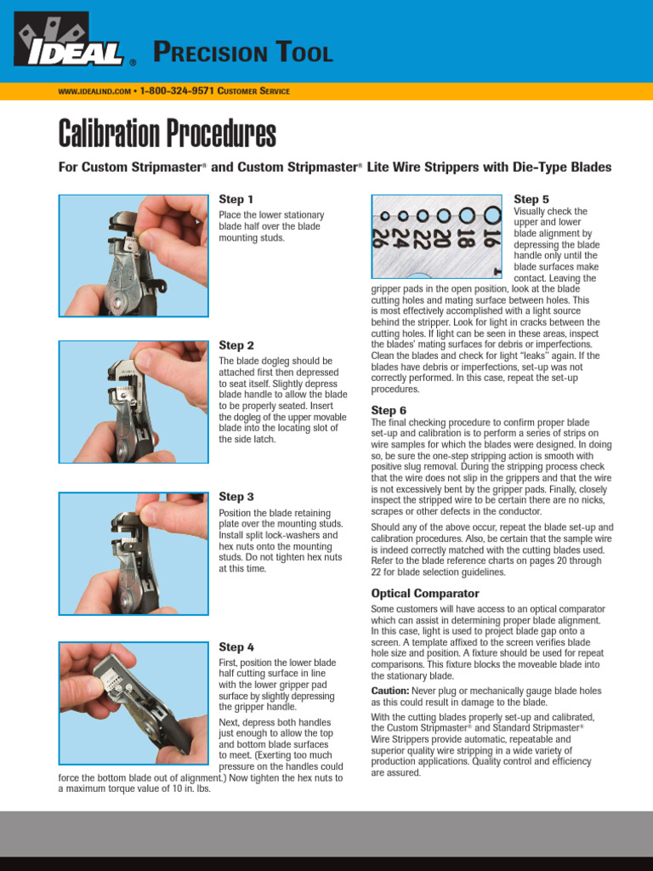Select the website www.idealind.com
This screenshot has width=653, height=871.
[94, 91]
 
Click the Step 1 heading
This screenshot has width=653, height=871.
[236, 199]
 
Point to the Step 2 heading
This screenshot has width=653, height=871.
[236, 345]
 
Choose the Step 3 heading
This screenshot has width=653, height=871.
[236, 496]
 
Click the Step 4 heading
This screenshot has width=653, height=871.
[236, 647]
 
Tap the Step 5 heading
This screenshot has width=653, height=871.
[531, 199]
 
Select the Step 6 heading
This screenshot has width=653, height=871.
[389, 410]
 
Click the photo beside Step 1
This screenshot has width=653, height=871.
[133, 255]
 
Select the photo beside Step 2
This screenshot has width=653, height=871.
[133, 402]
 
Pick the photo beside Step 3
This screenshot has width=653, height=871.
[133, 553]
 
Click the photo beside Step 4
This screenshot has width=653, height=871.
[133, 703]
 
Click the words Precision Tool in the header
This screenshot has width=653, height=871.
[242, 54]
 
